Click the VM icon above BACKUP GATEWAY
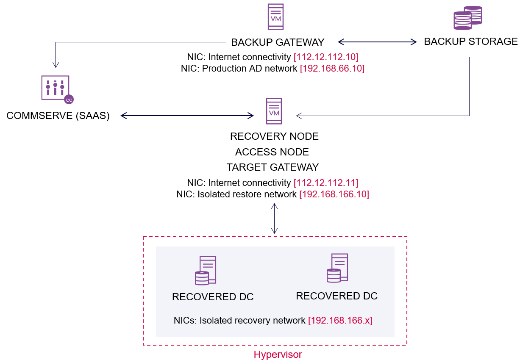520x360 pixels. pyautogui.click(x=275, y=17)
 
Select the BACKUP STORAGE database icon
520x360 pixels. pyautogui.click(x=467, y=18)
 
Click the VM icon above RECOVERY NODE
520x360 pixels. pyautogui.click(x=274, y=111)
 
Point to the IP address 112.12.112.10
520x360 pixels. pyautogui.click(x=326, y=57)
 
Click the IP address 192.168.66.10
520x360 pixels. pyautogui.click(x=332, y=68)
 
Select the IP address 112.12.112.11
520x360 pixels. pyautogui.click(x=326, y=183)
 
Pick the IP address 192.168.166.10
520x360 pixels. pyautogui.click(x=334, y=194)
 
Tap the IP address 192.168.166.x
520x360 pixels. pyautogui.click(x=340, y=320)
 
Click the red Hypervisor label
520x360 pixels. pyautogui.click(x=278, y=354)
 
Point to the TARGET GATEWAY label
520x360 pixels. pyautogui.click(x=273, y=167)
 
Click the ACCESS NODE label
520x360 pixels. pyautogui.click(x=272, y=152)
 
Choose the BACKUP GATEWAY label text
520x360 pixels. pyautogui.click(x=278, y=42)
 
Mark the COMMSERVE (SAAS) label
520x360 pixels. pyautogui.click(x=58, y=116)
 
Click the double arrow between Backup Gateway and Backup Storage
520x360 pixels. pyautogui.click(x=377, y=42)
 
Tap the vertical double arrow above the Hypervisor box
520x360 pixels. pyautogui.click(x=274, y=218)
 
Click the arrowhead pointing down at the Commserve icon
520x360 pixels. pyautogui.click(x=56, y=65)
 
